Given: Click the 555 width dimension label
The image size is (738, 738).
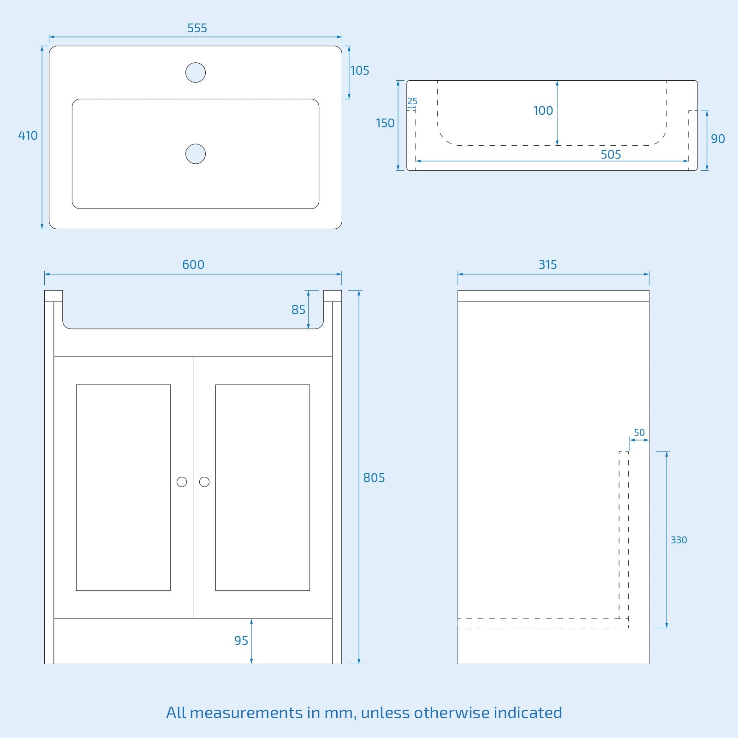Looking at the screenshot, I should point(197,28).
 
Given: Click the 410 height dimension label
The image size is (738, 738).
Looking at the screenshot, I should point(28,136).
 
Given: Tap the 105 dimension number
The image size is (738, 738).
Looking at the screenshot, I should point(360,71).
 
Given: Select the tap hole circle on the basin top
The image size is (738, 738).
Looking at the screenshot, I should point(196,72).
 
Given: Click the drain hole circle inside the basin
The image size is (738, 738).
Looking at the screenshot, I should point(196,154).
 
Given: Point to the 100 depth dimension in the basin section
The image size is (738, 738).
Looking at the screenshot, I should point(543,111).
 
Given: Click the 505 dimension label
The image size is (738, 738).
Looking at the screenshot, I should point(611,155).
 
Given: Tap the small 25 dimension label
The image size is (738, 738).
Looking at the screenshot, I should point(412,101).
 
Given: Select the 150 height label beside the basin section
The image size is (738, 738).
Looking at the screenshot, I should point(385,123).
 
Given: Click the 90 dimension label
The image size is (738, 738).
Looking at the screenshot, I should point(718,139).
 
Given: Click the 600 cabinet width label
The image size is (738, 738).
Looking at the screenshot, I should point(193,265).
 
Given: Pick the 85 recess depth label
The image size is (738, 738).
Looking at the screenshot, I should point(298,310).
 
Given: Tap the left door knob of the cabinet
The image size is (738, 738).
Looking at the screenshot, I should point(182,482).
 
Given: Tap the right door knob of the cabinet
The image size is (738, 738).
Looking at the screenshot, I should point(204,482).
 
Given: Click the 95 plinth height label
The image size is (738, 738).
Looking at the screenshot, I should point(241,641).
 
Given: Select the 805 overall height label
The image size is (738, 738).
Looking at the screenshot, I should point(374,478).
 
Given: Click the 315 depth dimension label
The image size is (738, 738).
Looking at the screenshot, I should point(548,265).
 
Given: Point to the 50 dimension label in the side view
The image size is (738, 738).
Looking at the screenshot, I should point(639,433).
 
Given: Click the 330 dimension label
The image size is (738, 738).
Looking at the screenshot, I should point(678,540).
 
